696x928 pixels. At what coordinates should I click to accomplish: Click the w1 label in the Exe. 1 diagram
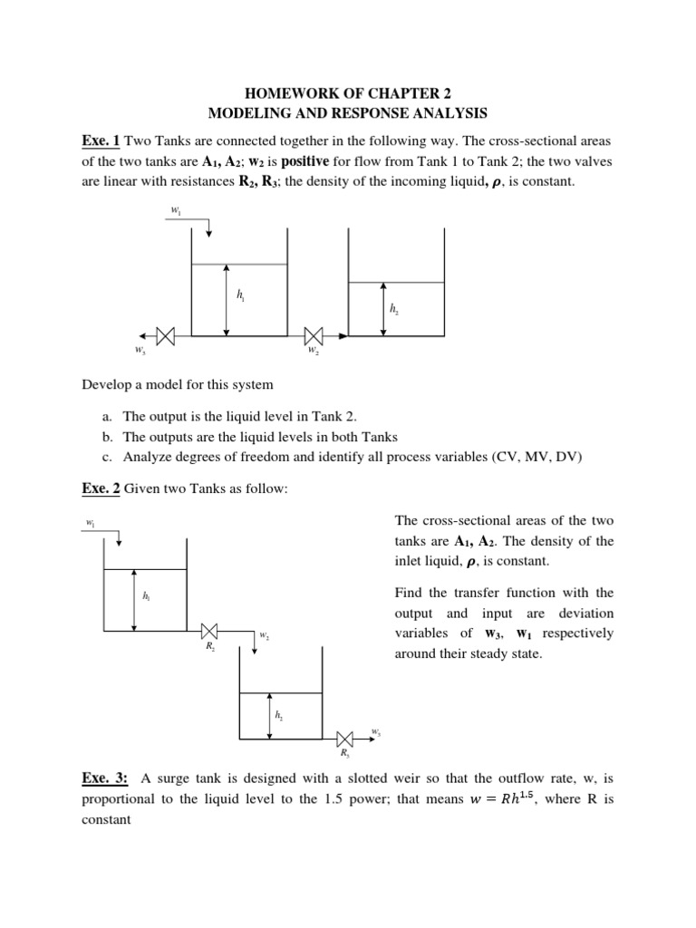tap(175, 210)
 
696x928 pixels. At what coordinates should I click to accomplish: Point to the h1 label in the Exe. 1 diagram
tap(240, 295)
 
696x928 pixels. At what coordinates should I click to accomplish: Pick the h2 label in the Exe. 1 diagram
tap(393, 309)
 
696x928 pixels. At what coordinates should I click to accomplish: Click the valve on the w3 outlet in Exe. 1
tap(166, 335)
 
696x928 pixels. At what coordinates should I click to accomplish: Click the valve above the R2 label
tap(209, 631)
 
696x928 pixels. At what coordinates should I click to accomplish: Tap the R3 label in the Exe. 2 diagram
tap(344, 751)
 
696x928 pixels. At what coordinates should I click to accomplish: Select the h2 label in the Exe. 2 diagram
tap(278, 715)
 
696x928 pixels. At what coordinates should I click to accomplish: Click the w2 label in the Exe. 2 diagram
tap(264, 636)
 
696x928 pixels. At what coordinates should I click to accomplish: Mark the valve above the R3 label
tap(344, 736)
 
